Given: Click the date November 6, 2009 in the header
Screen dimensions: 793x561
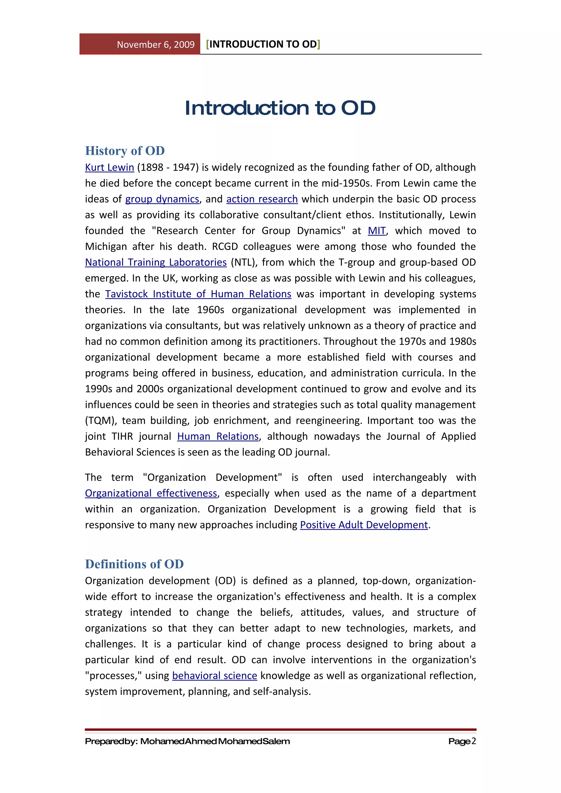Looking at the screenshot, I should (156, 45).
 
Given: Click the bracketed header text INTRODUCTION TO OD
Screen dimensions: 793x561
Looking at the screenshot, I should (263, 44).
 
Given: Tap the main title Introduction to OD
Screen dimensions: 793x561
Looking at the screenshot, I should (280, 108).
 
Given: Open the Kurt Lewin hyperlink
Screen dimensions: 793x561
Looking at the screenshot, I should (109, 167).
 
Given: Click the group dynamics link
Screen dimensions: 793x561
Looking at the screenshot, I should (162, 199).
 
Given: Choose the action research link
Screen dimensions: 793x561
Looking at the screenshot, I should (262, 199).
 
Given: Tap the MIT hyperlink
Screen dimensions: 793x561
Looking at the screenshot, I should (376, 231).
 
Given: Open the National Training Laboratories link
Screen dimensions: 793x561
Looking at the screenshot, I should (156, 262).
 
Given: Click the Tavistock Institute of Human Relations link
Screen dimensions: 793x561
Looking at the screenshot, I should (198, 294).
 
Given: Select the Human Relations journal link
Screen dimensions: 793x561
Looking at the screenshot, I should (218, 436).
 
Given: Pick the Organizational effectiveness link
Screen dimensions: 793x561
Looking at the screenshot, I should (151, 493).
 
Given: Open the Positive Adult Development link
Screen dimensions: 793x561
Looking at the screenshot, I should (363, 525).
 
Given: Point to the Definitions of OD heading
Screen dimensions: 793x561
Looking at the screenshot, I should (134, 564).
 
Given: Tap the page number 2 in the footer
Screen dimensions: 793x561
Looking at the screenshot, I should (474, 741).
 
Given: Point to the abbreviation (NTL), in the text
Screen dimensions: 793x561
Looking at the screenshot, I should (244, 262).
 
